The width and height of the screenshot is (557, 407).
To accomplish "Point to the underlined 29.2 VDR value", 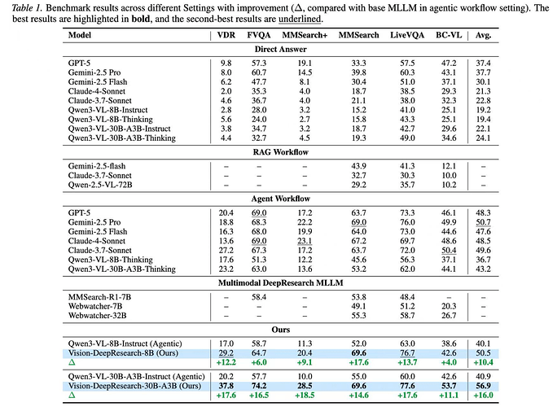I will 226,352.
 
